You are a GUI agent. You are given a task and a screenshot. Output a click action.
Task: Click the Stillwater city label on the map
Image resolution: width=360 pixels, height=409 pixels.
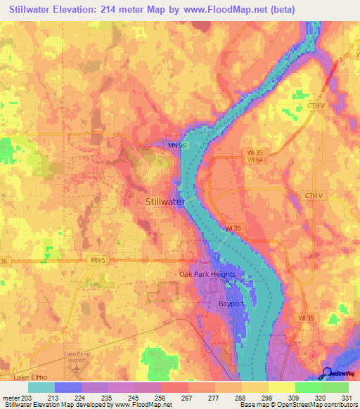[165, 202]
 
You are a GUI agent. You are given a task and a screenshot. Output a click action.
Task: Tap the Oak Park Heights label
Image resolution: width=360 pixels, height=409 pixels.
[206, 274]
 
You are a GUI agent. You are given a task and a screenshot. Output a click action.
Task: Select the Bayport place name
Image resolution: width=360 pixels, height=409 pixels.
[230, 304]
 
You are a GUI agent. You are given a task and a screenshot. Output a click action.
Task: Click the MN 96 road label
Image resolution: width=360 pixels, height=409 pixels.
[176, 145]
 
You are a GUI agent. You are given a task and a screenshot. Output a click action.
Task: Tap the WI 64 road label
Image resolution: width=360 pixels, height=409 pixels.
[255, 160]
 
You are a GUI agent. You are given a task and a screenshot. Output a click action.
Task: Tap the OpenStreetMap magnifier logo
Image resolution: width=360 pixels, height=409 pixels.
[328, 372]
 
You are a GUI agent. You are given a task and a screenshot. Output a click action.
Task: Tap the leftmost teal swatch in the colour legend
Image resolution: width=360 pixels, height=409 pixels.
[41, 387]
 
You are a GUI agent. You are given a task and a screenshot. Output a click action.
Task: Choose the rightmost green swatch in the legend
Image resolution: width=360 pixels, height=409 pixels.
[335, 387]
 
